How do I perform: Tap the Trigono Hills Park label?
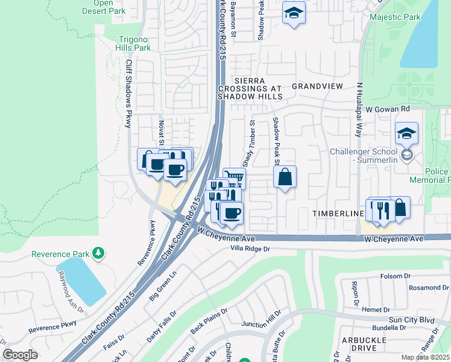click(134, 43)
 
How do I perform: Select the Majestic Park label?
click(395, 17)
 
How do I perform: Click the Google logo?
click(20, 355)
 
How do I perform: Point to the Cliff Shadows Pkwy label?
click(128, 94)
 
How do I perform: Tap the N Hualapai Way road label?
click(360, 109)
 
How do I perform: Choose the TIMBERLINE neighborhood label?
click(338, 214)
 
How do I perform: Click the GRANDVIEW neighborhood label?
click(317, 86)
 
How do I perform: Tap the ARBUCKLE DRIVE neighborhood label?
click(362, 344)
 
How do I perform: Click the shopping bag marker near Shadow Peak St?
click(285, 177)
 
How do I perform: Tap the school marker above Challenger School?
click(407, 133)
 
